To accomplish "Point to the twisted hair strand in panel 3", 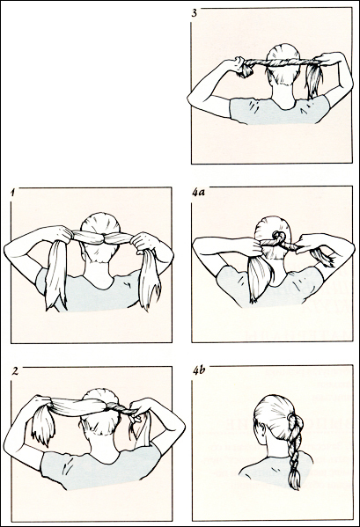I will tap(273, 62).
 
